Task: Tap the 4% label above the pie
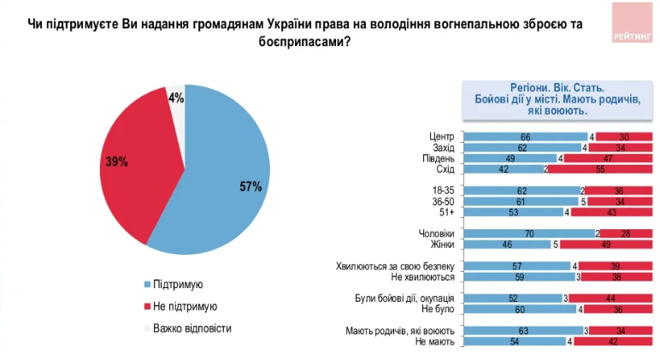176,98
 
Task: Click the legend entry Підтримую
178,284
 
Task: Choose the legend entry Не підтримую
184,305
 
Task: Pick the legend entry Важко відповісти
192,328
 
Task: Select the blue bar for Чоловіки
529,233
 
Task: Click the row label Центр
441,137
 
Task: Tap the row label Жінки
441,244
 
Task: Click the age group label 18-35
442,191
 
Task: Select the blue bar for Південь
510,158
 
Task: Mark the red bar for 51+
611,212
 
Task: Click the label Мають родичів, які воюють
399,330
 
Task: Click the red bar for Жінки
606,244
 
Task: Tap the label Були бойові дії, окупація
404,298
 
